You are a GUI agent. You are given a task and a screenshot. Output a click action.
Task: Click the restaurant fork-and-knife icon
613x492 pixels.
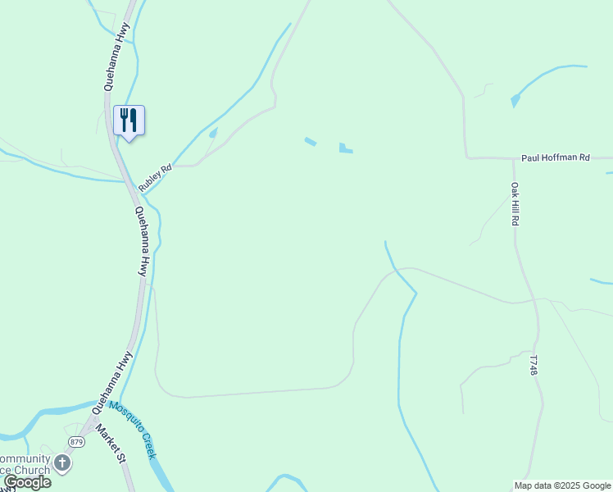pos(129,120)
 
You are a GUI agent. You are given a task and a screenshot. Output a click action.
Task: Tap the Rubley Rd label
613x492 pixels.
pos(155,179)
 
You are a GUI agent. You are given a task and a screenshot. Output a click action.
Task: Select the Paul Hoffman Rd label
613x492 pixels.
pos(556,157)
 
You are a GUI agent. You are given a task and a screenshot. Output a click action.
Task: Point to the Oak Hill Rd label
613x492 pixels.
pos(516,204)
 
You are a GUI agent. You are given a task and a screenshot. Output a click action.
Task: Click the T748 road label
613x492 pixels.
pos(533,366)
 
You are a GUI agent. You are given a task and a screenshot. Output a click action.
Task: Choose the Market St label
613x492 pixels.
pos(108,444)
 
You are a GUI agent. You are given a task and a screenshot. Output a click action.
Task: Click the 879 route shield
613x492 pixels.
pos(76,442)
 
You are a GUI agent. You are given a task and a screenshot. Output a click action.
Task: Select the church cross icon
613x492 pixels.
pos(62,464)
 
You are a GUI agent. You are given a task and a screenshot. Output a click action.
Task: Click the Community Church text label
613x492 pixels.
pos(25,464)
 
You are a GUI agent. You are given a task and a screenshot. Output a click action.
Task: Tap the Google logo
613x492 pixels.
pos(27,482)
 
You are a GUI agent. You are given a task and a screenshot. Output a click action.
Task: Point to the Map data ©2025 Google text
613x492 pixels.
pos(562,485)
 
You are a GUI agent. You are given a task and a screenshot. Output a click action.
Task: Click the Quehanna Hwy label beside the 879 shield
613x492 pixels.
pos(112,380)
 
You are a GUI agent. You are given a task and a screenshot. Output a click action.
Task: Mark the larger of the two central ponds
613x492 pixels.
pos(346,148)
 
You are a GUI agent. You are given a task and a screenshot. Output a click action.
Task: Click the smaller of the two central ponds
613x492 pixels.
pos(311,141)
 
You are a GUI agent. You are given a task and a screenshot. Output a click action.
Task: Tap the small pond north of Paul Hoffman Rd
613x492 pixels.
pos(515,102)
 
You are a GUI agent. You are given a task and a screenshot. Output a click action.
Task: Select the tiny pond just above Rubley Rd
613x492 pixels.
pos(213,133)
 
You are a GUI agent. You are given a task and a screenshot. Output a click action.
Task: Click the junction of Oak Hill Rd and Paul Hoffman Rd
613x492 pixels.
pos(513,158)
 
